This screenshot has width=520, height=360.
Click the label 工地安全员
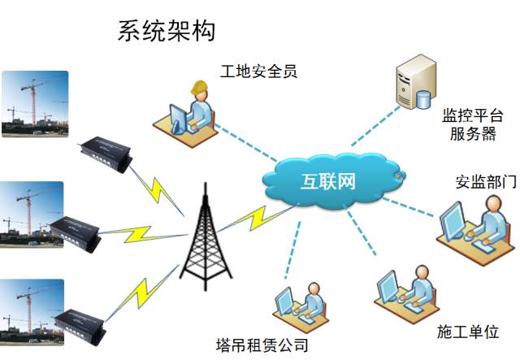click(258, 72)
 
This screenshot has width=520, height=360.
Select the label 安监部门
click(486, 181)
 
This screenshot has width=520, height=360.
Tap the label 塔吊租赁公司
click(262, 345)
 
